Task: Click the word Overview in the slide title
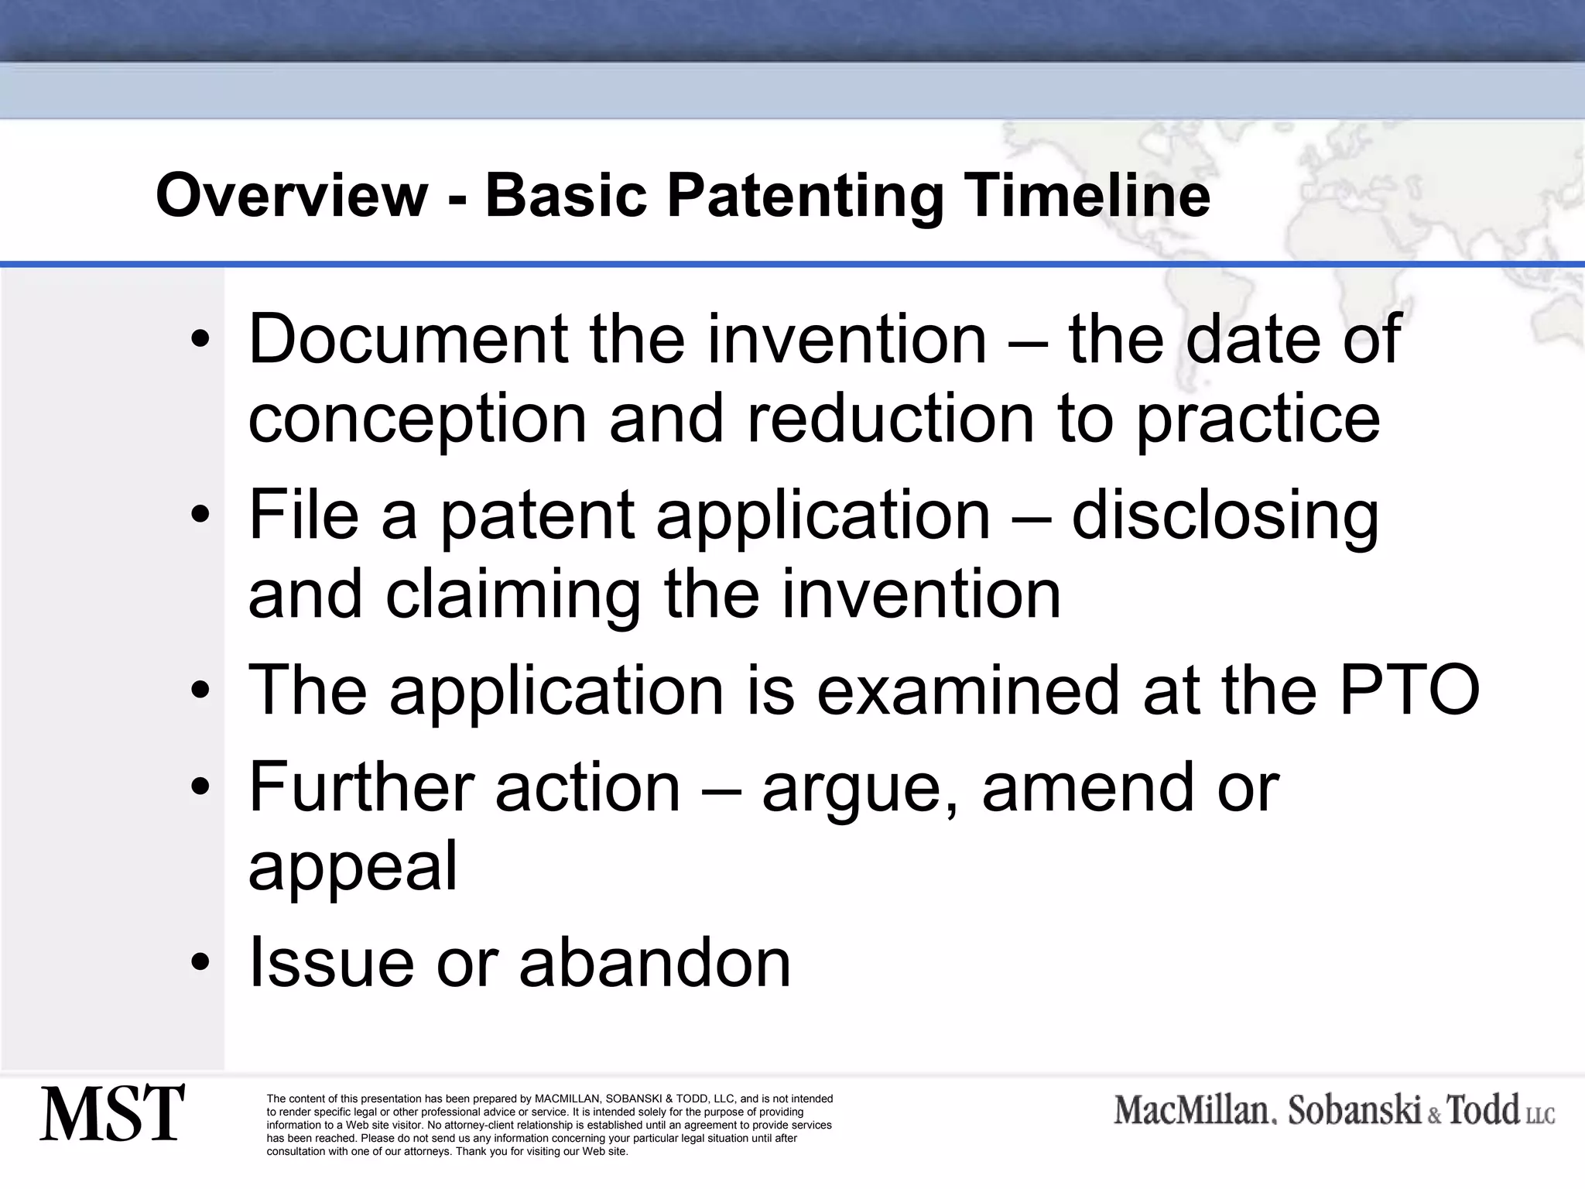click(x=292, y=196)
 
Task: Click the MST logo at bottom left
click(x=112, y=1113)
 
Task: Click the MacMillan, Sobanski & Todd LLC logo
click(x=1334, y=1111)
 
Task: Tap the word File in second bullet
click(x=303, y=515)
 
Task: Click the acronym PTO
click(x=1409, y=690)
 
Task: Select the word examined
click(x=967, y=690)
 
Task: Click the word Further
click(x=361, y=787)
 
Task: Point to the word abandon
click(x=655, y=962)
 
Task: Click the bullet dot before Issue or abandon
click(x=200, y=962)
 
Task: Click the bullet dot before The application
click(x=200, y=690)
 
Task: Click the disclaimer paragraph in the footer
click(x=549, y=1125)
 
